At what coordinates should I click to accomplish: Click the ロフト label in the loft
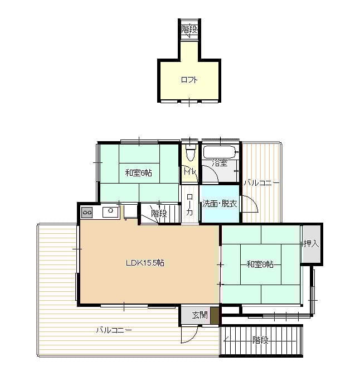click(189, 80)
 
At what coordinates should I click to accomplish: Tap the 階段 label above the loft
click(189, 30)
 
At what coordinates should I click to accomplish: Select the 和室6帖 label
click(139, 172)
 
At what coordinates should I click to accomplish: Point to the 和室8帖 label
click(260, 264)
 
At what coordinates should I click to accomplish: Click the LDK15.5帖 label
click(145, 263)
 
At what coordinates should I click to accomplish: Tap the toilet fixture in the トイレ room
click(191, 152)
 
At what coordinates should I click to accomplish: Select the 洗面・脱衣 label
click(220, 204)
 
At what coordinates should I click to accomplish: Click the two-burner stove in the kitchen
click(87, 213)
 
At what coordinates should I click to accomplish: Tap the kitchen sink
click(111, 211)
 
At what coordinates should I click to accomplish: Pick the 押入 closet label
click(311, 244)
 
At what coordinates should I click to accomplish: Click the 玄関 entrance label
click(200, 315)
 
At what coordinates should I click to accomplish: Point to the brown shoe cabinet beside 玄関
click(215, 315)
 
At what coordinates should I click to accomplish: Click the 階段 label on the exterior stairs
click(260, 340)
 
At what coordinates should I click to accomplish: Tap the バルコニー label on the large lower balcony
click(114, 330)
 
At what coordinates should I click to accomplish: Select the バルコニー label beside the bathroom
click(261, 184)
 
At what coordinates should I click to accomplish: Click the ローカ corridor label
click(189, 204)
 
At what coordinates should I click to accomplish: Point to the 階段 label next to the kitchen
click(159, 213)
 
